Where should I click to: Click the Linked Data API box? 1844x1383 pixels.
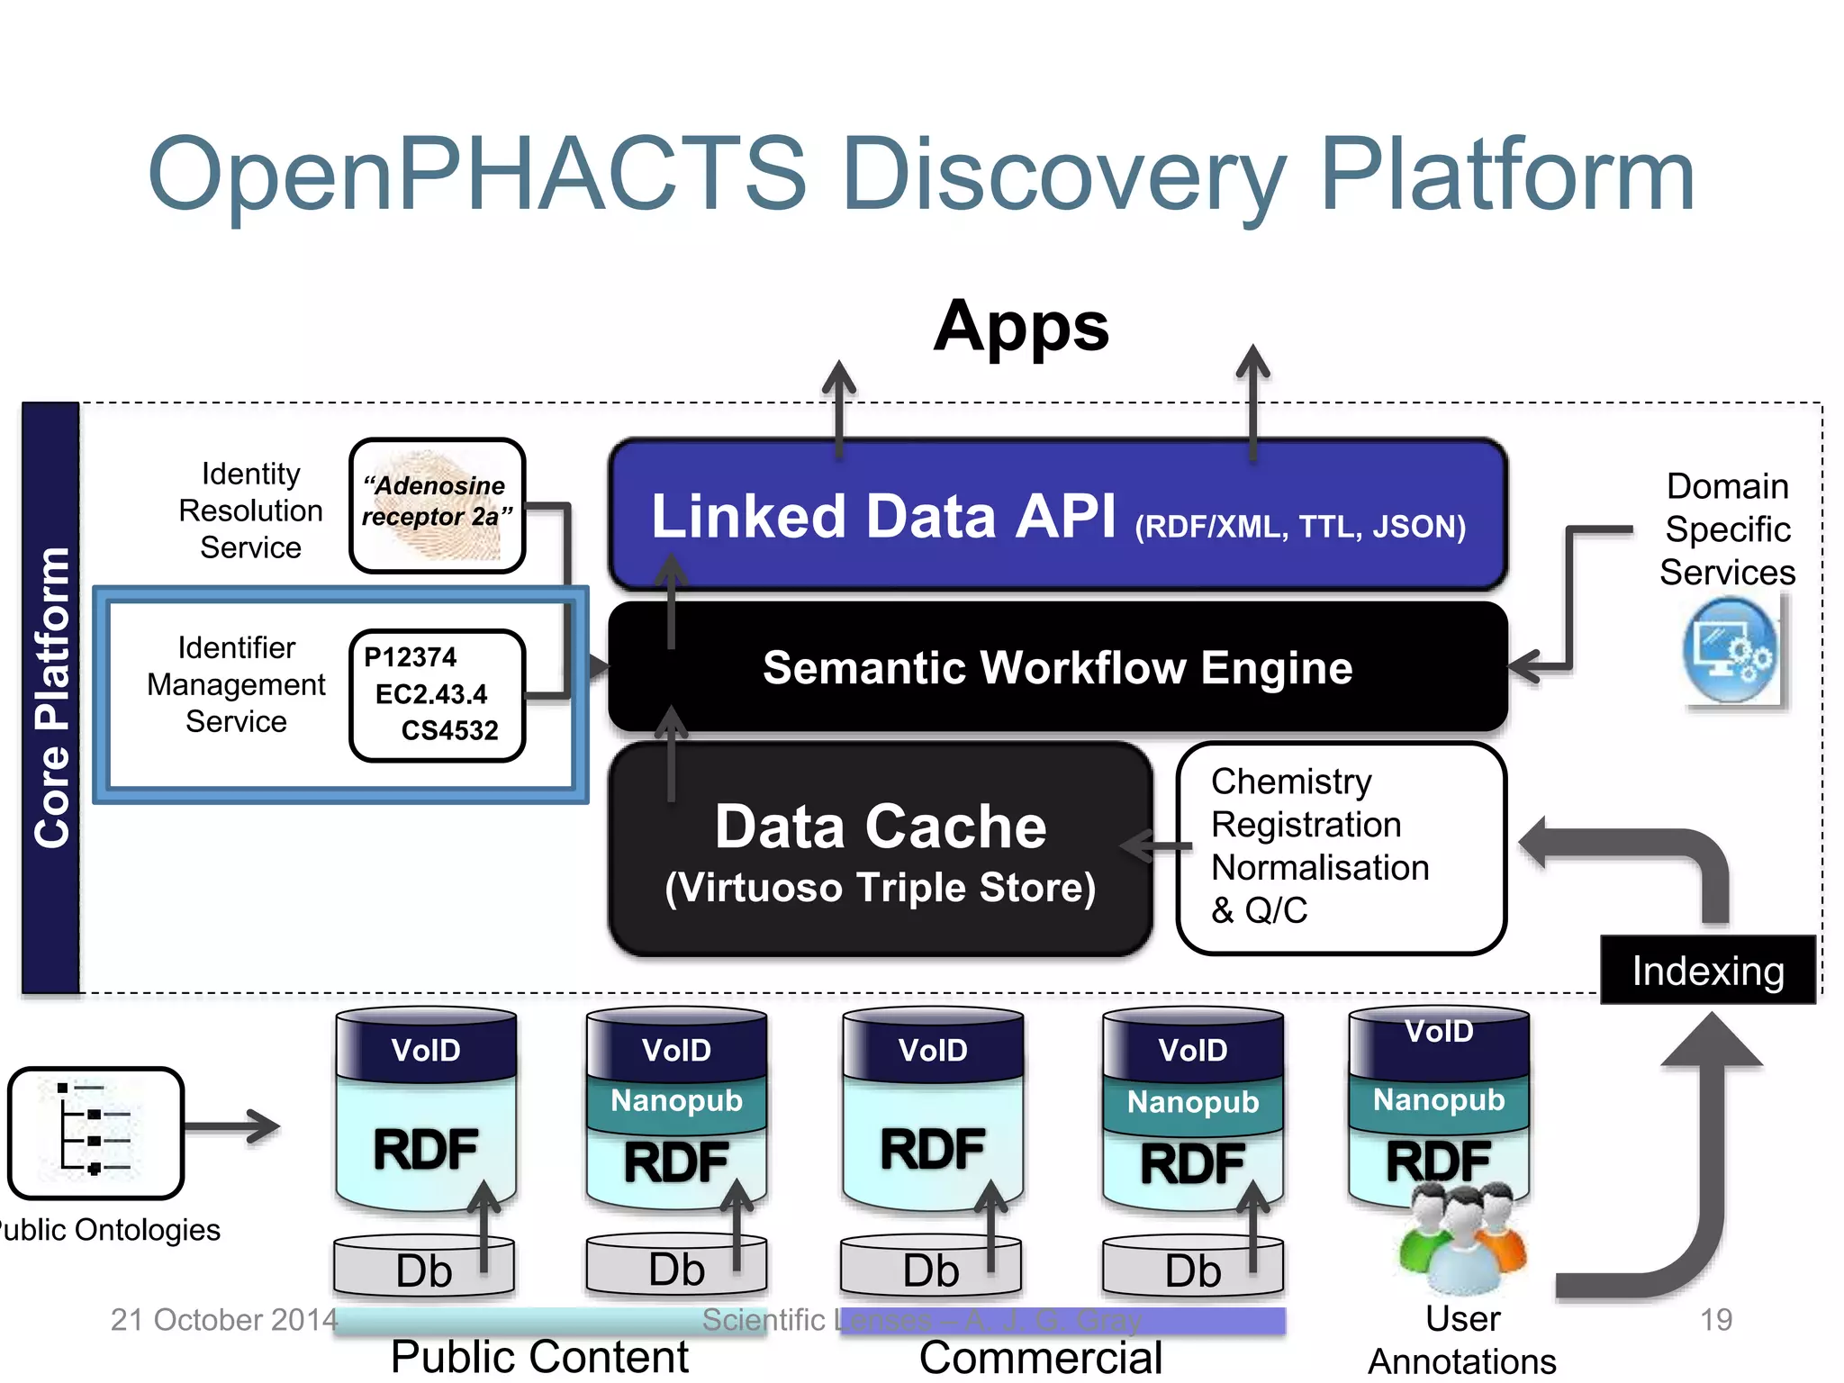1058,515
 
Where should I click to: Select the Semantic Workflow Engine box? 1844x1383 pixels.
1058,668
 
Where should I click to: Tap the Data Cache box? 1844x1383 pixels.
880,849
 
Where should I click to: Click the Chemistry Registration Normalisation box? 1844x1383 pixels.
1340,846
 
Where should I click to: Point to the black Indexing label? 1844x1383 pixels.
1707,971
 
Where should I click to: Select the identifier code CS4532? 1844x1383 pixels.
449,730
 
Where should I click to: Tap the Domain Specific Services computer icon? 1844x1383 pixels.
1731,651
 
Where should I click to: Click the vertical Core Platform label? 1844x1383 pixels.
51,698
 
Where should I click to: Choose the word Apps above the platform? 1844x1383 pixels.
1021,326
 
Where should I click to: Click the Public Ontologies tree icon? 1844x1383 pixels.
95,1132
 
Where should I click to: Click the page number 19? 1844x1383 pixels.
1715,1320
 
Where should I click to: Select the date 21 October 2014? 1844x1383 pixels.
223,1320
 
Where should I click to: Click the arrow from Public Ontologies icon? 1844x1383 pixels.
232,1126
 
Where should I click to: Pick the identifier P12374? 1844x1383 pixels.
410,657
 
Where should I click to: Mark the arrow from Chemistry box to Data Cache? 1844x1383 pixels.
1156,846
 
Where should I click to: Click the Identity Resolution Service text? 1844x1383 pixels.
250,511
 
